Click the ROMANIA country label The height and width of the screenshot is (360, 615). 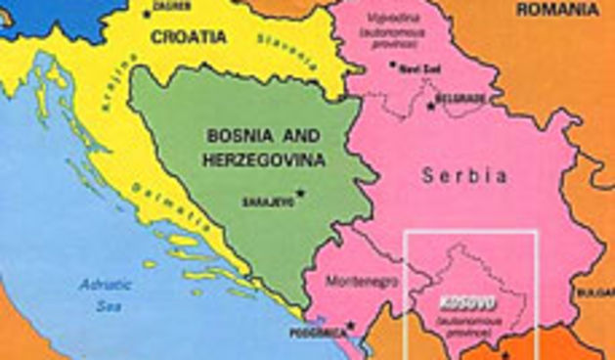[x=557, y=9]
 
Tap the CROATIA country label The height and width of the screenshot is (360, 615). [x=189, y=37]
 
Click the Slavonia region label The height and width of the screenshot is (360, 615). [x=281, y=51]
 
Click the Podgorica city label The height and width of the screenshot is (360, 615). [x=319, y=333]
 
